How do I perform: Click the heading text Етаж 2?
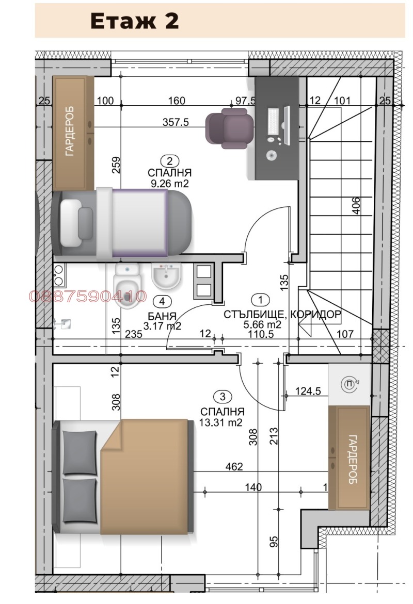point(134,21)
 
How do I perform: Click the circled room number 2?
point(167,161)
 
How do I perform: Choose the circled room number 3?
point(222,397)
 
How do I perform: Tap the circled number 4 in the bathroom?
point(162,301)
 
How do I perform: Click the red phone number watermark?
point(88,297)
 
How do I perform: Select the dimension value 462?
point(234,467)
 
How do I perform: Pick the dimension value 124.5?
point(308,391)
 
